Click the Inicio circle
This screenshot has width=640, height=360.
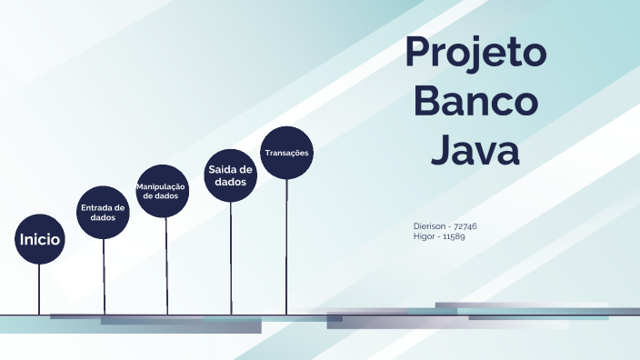pyautogui.click(x=40, y=240)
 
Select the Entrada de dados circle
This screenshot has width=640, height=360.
pyautogui.click(x=104, y=213)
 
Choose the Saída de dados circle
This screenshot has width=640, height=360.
pyautogui.click(x=231, y=175)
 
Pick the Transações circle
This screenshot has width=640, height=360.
pyautogui.click(x=286, y=153)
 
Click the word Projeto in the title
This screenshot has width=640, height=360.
pyautogui.click(x=475, y=53)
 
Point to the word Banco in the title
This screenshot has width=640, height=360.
pyautogui.click(x=475, y=101)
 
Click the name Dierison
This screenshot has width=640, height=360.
pyautogui.click(x=429, y=225)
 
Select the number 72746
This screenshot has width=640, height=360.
pyautogui.click(x=465, y=225)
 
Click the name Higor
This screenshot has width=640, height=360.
pyautogui.click(x=424, y=236)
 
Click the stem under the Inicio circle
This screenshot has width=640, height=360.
pyautogui.click(x=39, y=289)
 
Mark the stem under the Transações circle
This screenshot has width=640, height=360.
pyautogui.click(x=286, y=245)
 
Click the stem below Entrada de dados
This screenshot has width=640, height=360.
pyautogui.click(x=104, y=276)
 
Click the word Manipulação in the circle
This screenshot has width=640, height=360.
pyautogui.click(x=161, y=186)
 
